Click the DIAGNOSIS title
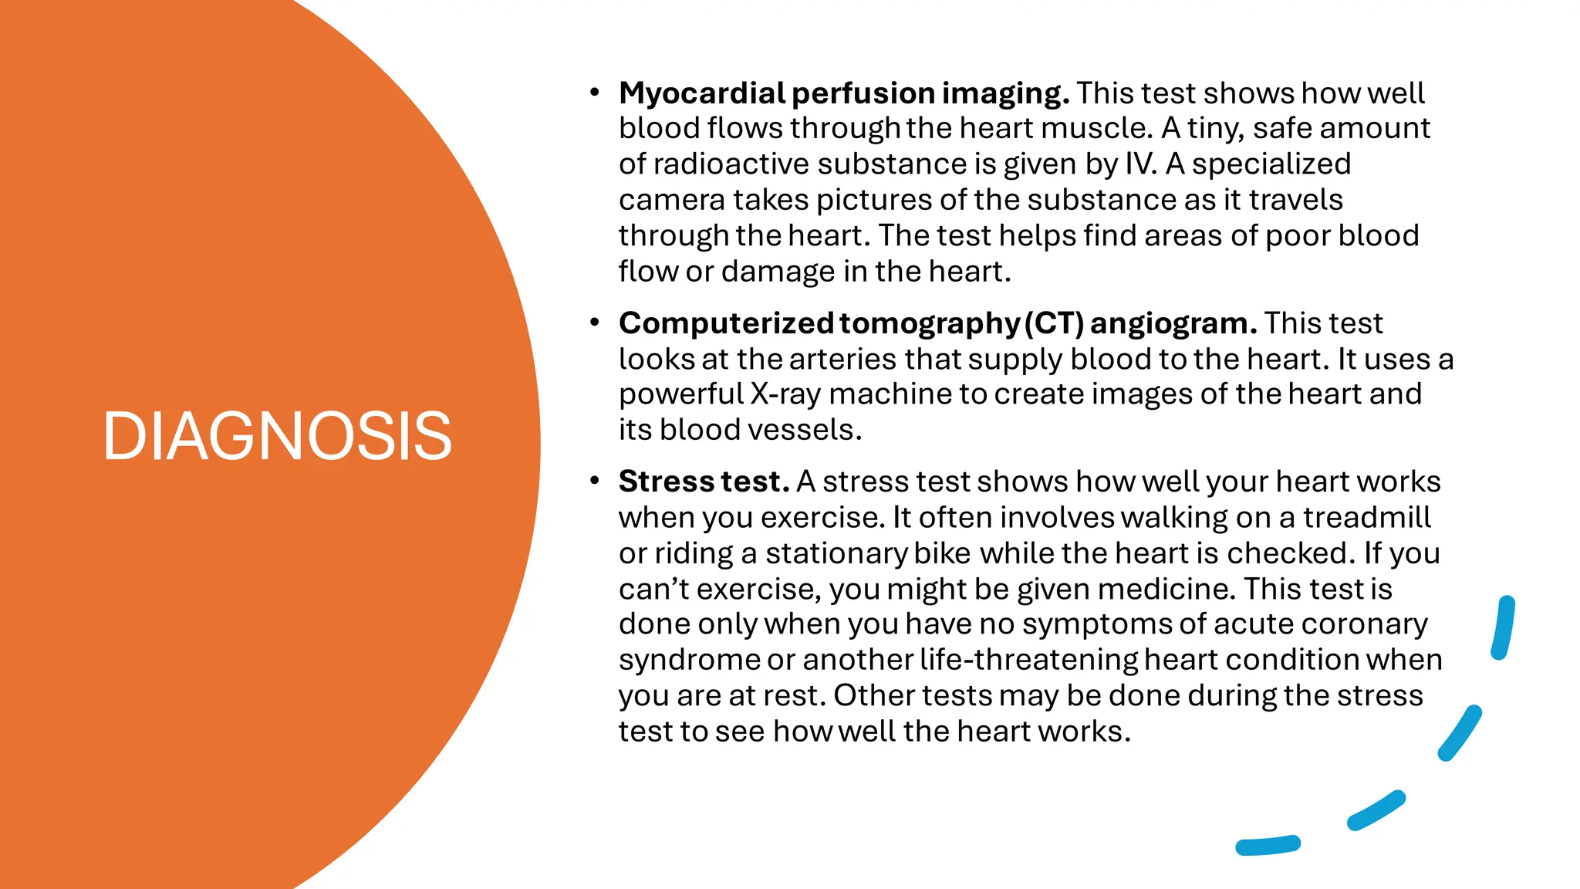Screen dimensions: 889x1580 (277, 437)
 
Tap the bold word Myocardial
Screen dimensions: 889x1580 (701, 93)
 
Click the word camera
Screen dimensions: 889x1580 (672, 200)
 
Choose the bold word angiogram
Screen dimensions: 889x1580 (1173, 323)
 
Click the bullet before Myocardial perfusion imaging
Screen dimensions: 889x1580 (594, 93)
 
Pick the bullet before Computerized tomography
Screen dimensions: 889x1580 (594, 323)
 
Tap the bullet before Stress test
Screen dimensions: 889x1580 (594, 482)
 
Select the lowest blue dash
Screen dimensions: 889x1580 (1268, 846)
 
